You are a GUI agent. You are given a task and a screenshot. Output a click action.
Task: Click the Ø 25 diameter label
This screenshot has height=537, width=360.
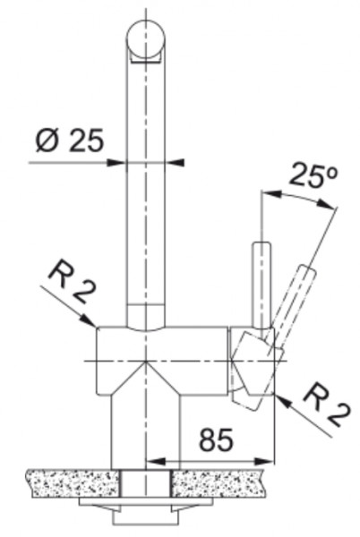coord(69,141)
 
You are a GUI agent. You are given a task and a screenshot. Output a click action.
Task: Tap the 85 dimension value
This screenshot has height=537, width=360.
coord(217,439)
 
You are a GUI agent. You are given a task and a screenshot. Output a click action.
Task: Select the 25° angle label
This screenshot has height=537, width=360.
coord(313,175)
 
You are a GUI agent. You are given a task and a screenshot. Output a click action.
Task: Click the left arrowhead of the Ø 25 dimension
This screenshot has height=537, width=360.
coord(116,162)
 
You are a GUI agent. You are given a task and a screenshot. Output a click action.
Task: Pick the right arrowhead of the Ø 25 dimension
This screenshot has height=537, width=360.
coord(175,162)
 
